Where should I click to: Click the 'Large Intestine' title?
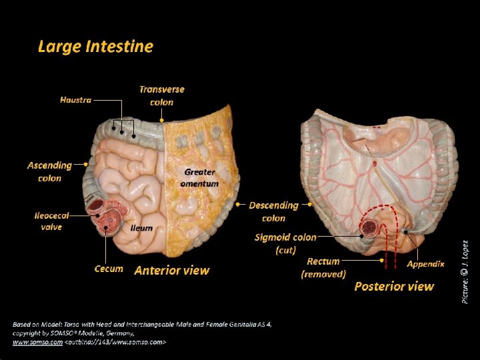tap(95, 47)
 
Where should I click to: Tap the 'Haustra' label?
tap(75, 100)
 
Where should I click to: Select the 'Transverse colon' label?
tap(162, 95)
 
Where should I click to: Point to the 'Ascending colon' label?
tap(49, 171)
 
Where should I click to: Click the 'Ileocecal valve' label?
tap(51, 221)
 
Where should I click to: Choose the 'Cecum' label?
tap(109, 269)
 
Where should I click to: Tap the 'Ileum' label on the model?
tap(141, 228)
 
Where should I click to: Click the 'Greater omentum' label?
tap(199, 177)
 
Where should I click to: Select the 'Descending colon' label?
tap(273, 211)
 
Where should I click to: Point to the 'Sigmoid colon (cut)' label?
tap(285, 243)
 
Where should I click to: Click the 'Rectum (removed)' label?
tap(323, 267)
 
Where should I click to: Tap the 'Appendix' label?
tap(425, 264)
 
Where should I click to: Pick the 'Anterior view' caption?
tap(172, 271)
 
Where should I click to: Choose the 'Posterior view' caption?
tap(394, 287)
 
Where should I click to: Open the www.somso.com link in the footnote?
tap(37, 342)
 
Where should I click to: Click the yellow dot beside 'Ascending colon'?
tap(86, 162)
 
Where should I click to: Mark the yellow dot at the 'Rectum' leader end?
tap(382, 261)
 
